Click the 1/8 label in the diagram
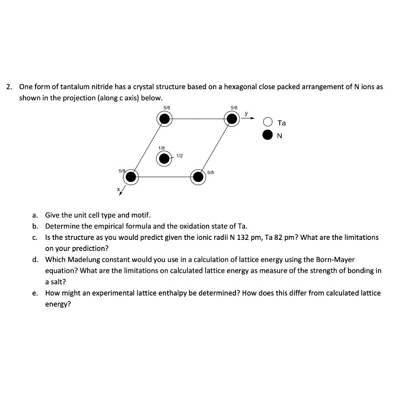161,148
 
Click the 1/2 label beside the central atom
180,156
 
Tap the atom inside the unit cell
164,159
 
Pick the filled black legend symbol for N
268,136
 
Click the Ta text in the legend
282,123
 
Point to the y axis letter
246,114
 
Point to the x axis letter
118,190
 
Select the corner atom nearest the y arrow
232,118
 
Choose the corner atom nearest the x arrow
131,178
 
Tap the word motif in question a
141,215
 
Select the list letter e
35,293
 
